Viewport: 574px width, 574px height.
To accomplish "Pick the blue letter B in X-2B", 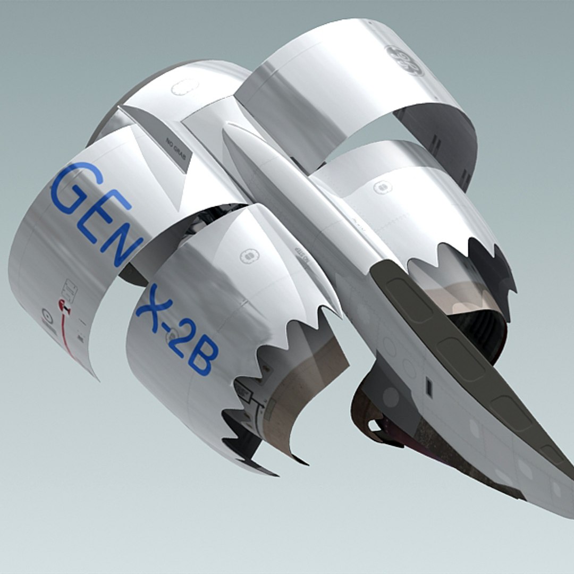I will [x=202, y=361].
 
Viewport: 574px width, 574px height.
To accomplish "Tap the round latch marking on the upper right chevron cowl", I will [x=382, y=187].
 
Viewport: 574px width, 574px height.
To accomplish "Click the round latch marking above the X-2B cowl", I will [x=248, y=256].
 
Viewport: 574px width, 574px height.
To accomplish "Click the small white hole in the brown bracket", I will [x=375, y=425].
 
